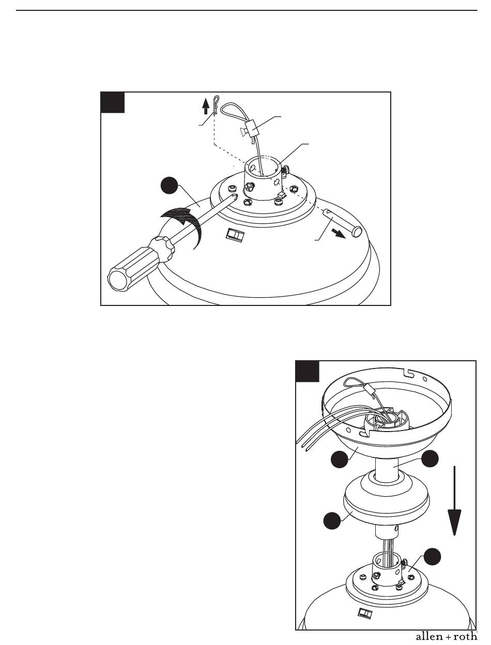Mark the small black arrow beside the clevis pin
tap(340, 234)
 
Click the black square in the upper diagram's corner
tap(113, 102)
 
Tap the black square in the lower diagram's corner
tap(307, 372)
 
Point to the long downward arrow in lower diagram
tap(454, 501)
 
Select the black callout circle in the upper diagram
tap(170, 186)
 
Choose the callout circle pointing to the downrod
tap(430, 458)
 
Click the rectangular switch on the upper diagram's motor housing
tap(235, 236)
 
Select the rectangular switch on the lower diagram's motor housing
tap(365, 612)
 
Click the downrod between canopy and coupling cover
tap(387, 470)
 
